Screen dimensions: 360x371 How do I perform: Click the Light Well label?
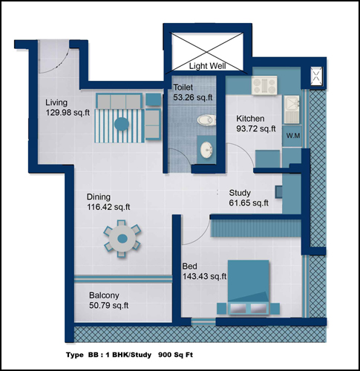click(x=207, y=66)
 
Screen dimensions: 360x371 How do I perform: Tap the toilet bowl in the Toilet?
click(x=206, y=120)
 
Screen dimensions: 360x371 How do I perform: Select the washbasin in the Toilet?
click(x=206, y=149)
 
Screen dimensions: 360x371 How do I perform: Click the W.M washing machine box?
click(x=293, y=136)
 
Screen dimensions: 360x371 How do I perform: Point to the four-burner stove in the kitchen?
click(x=264, y=85)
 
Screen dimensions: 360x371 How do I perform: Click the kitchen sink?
click(x=292, y=109)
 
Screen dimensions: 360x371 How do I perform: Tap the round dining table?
click(x=122, y=239)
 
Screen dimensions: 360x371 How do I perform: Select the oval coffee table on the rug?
click(x=122, y=124)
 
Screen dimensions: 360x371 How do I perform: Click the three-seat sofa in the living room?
click(x=119, y=102)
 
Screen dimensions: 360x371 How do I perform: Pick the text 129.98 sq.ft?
click(x=68, y=113)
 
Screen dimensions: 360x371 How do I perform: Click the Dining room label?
click(x=99, y=197)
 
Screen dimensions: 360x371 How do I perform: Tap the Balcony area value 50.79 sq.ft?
click(x=109, y=306)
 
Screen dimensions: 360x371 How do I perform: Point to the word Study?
click(x=240, y=193)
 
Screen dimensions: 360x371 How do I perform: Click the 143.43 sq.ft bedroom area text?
click(x=205, y=276)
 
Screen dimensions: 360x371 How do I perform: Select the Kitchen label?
click(x=250, y=119)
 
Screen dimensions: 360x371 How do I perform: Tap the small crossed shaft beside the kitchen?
click(x=317, y=76)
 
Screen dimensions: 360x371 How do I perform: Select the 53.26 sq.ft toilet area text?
click(x=193, y=97)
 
